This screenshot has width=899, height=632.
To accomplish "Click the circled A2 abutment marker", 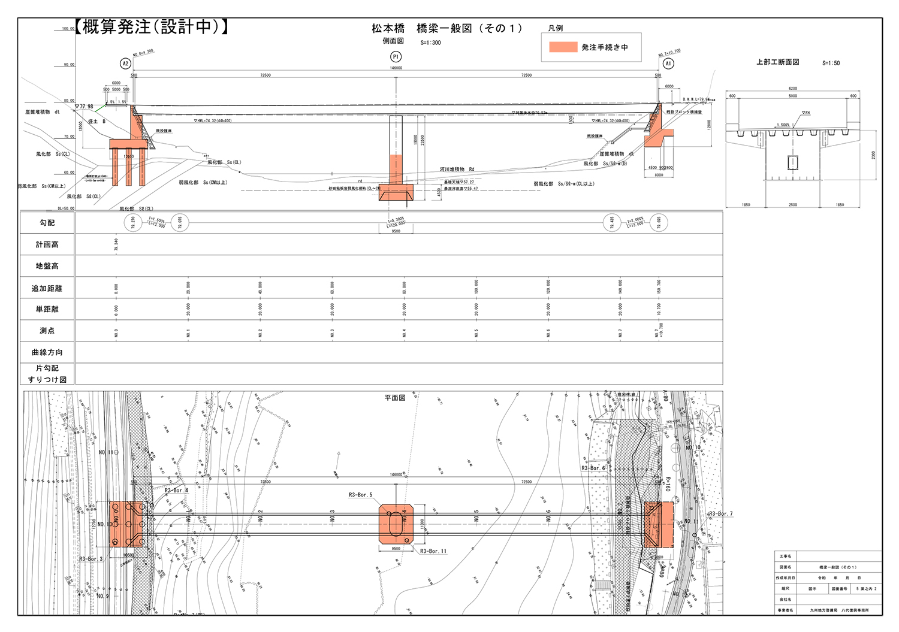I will tap(125, 63).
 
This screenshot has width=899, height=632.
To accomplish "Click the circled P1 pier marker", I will tap(396, 57).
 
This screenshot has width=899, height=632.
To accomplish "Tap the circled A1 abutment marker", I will tap(668, 63).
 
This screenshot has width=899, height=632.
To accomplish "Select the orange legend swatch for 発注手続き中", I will tap(563, 47).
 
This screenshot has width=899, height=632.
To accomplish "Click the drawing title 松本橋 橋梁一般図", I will tap(447, 28).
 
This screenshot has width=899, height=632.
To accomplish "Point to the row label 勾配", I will tap(47, 223).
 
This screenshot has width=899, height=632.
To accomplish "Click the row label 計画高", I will tap(47, 244).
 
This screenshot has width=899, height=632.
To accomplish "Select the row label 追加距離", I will tap(47, 288).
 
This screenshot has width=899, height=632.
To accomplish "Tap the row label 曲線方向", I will tap(47, 352).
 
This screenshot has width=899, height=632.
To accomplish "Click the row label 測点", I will tap(47, 331).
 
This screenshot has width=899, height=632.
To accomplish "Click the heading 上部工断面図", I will tap(777, 62).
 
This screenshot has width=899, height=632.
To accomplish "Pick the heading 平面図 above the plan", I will tap(395, 398).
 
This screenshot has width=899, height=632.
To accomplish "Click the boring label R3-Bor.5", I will tap(360, 495).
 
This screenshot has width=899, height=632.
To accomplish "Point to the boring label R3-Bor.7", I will tap(720, 513).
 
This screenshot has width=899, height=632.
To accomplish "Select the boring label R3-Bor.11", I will tap(433, 551).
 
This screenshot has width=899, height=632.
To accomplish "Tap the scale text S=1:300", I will tap(430, 43).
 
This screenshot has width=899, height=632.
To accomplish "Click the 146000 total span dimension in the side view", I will tap(396, 68).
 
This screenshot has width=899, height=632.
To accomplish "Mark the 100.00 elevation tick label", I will tap(68, 29).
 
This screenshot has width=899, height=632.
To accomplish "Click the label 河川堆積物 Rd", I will tap(457, 170).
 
